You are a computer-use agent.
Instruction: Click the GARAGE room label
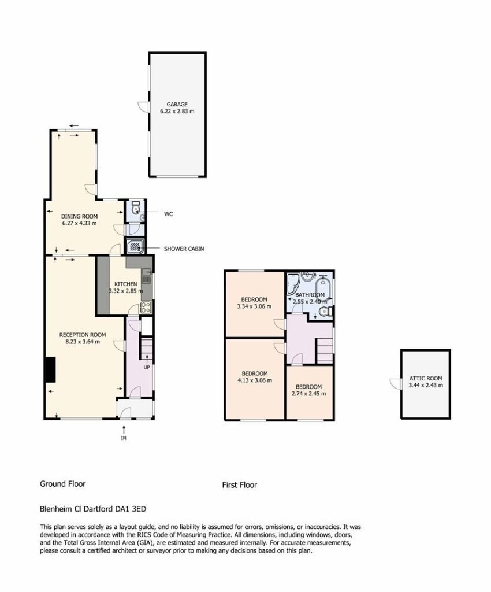(177, 104)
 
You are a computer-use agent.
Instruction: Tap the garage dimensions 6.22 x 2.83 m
(177, 112)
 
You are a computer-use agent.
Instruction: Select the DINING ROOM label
(79, 216)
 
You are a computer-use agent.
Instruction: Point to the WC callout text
(168, 214)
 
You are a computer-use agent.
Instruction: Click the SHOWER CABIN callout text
(184, 249)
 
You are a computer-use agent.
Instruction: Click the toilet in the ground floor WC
(136, 208)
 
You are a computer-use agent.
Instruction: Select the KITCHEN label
(125, 284)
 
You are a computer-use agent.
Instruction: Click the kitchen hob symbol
(146, 308)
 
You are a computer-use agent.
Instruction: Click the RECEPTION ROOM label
(82, 335)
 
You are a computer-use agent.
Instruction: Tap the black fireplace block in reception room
(50, 369)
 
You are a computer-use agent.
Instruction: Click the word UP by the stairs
(146, 367)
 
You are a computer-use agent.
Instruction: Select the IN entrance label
(123, 438)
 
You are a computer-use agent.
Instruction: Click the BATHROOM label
(310, 295)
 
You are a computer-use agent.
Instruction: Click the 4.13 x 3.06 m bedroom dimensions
(255, 380)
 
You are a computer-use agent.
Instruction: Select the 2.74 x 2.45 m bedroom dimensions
(309, 394)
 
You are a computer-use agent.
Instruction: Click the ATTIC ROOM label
(426, 378)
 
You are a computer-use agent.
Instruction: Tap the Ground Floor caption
(62, 484)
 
